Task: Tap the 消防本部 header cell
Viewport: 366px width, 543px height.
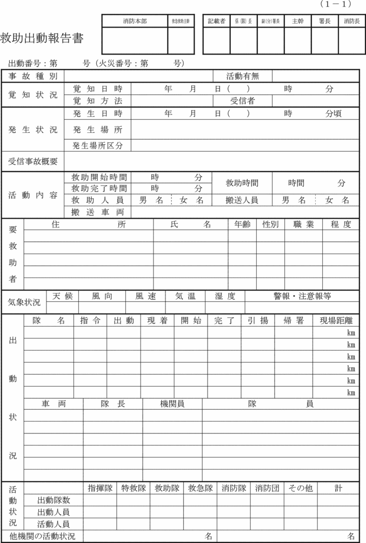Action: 135,21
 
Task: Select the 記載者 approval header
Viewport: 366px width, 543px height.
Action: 216,21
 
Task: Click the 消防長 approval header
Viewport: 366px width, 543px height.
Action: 351,21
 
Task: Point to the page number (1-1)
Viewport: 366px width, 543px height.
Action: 336,4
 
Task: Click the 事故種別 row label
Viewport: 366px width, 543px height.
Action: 32,76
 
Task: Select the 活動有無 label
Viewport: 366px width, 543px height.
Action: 243,76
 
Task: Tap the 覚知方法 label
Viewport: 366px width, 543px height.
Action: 97,101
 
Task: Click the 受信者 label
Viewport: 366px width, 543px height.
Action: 243,101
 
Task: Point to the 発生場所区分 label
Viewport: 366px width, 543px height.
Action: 97,146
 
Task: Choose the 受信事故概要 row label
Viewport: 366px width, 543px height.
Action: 33,161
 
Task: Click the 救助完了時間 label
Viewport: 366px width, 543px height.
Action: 99,188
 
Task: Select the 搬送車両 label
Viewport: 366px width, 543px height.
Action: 97,212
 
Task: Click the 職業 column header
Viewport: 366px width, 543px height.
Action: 303,225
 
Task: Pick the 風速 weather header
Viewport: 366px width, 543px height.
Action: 145,296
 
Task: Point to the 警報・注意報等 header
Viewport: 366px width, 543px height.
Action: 302,296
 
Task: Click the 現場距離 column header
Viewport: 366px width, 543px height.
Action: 336,321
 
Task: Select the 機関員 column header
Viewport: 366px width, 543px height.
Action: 172,404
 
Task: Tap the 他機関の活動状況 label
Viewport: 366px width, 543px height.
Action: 42,537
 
